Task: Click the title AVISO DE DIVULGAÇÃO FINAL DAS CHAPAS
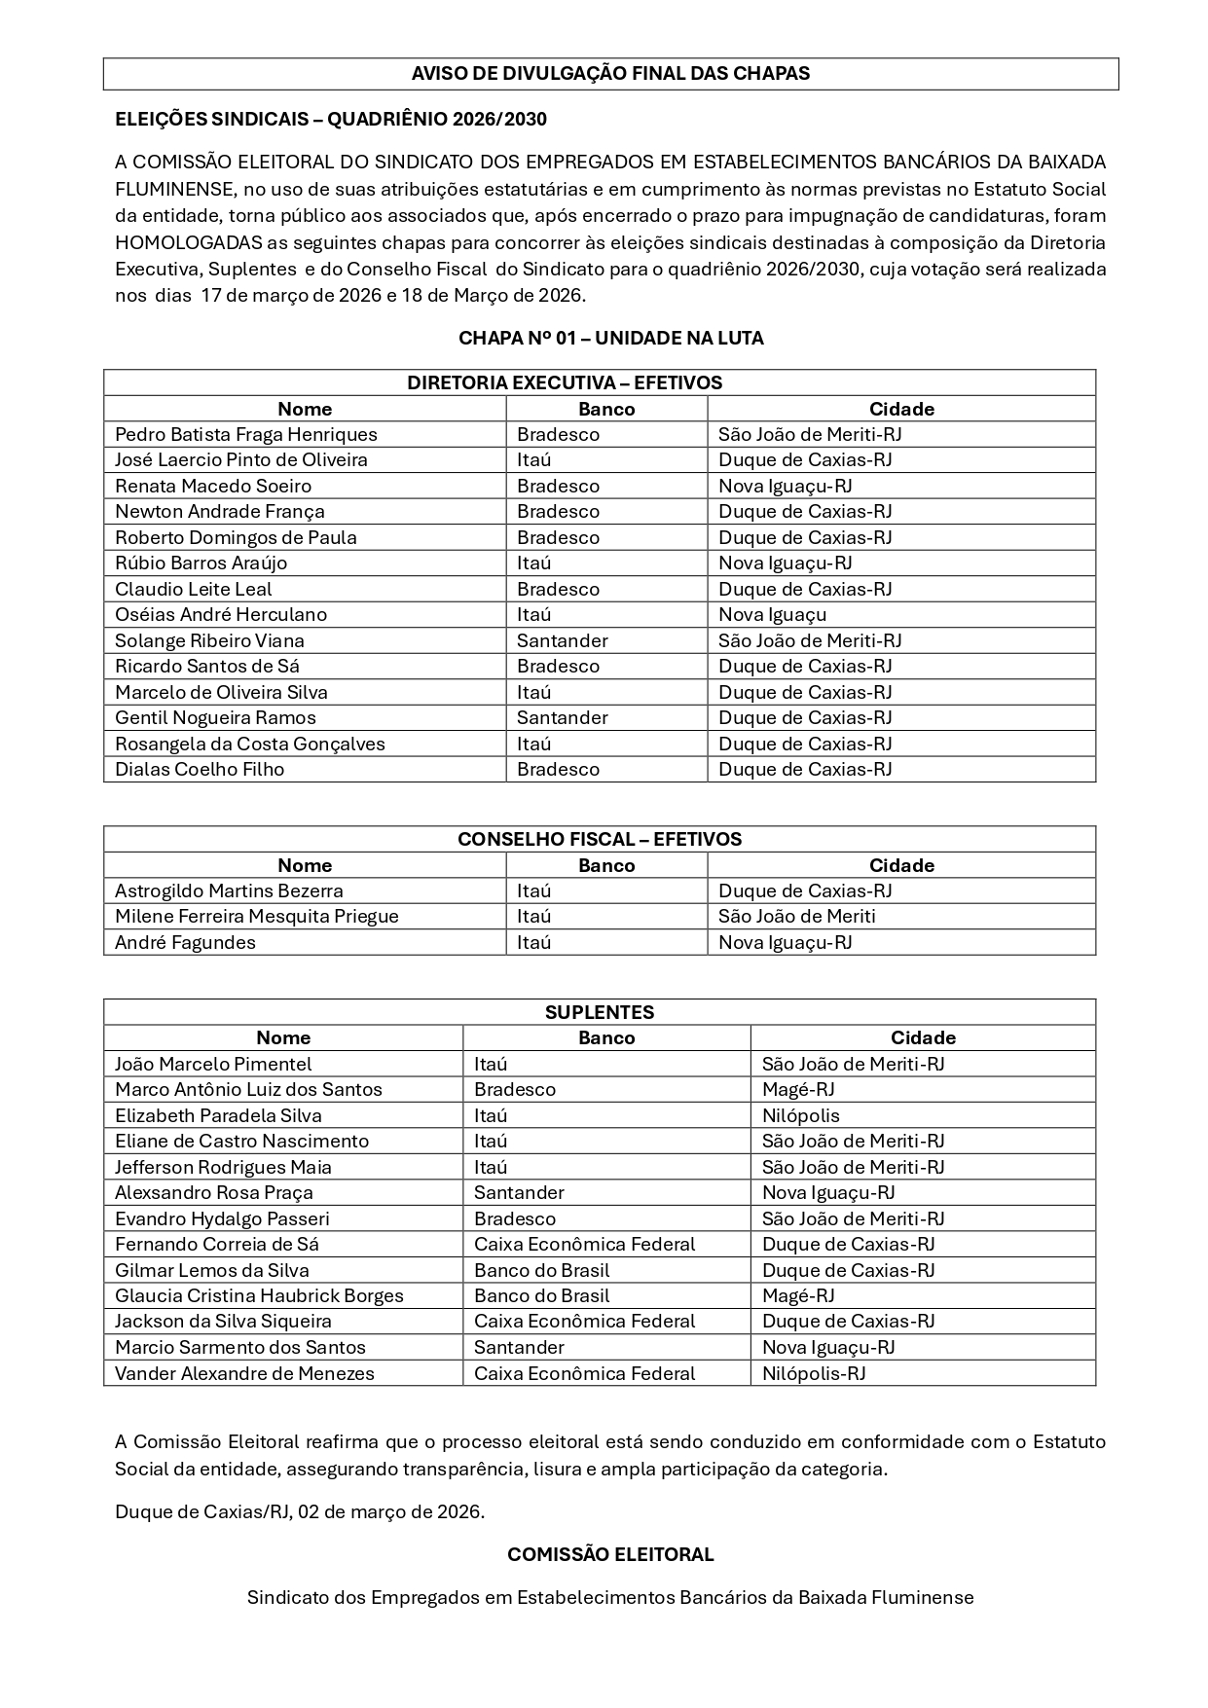pyautogui.click(x=610, y=74)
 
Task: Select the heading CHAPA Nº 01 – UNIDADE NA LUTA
pyautogui.click(x=610, y=339)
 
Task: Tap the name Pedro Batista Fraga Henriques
pyautogui.click(x=245, y=435)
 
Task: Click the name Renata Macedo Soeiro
pyautogui.click(x=213, y=487)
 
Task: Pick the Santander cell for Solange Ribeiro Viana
pyautogui.click(x=562, y=641)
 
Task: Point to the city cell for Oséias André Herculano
pyautogui.click(x=772, y=615)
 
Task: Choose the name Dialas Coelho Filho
pyautogui.click(x=200, y=770)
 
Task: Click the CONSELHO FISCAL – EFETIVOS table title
pyautogui.click(x=599, y=840)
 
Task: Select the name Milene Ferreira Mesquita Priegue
pyautogui.click(x=256, y=917)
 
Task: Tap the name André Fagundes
pyautogui.click(x=185, y=943)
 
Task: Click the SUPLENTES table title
pyautogui.click(x=599, y=1012)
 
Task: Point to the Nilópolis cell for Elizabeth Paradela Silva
pyautogui.click(x=800, y=1116)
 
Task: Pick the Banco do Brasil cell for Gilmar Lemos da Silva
pyautogui.click(x=541, y=1271)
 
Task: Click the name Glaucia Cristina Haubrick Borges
pyautogui.click(x=259, y=1296)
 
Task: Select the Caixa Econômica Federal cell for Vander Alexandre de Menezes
pyautogui.click(x=584, y=1374)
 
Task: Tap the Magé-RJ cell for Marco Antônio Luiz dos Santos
pyautogui.click(x=798, y=1090)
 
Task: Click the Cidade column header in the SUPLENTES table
pyautogui.click(x=923, y=1038)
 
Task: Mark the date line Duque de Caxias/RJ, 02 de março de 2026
pyautogui.click(x=300, y=1511)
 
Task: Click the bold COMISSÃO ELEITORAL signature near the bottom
pyautogui.click(x=610, y=1555)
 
